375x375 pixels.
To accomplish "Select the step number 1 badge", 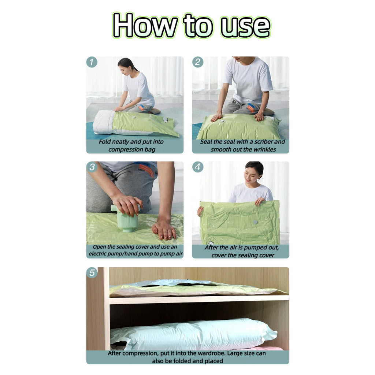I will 92,62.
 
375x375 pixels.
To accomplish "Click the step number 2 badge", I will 198,62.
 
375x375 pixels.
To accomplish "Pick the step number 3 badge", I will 92,167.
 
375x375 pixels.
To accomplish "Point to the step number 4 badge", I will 198,167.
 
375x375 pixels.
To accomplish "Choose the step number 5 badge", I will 92,272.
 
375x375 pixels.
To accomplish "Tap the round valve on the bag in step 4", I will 255,222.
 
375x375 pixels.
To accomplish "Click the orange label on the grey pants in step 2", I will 251,108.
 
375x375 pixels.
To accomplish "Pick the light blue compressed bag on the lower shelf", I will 194,334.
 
